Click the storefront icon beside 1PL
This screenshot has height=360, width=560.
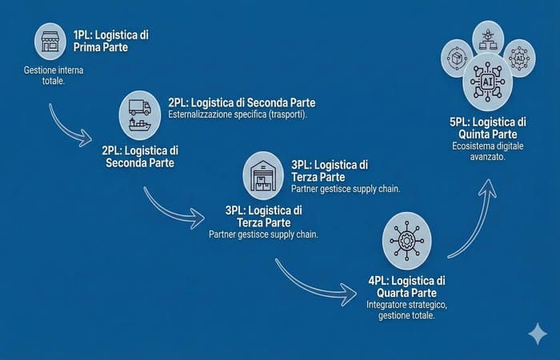50,42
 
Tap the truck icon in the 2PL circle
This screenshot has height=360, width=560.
140,107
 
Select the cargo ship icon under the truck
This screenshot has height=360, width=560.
140,125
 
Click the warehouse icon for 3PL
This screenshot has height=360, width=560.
263,176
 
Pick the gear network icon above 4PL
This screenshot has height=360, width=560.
406,240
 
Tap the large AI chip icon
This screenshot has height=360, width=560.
487,82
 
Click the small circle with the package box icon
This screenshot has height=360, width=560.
457,58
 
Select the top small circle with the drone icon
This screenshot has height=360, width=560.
488,38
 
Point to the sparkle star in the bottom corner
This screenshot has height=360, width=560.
538,334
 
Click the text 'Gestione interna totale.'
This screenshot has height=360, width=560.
54,75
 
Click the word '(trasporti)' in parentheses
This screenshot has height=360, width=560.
288,115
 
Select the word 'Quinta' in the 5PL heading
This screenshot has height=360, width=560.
474,134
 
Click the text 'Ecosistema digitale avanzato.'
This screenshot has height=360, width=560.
487,151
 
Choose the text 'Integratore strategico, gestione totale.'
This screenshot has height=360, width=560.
406,310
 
